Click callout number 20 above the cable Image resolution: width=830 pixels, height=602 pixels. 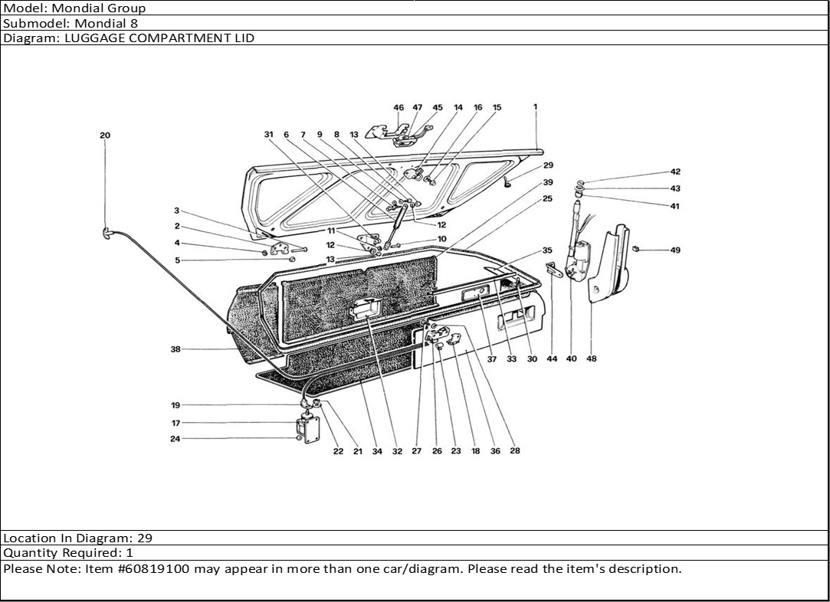click(x=105, y=136)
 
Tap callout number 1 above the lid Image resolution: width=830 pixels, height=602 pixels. click(x=535, y=106)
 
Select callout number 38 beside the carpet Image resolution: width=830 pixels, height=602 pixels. click(x=176, y=349)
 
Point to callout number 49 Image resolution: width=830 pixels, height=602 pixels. click(x=675, y=250)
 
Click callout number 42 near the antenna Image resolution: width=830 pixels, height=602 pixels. click(x=675, y=172)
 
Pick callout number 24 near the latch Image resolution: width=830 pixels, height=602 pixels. click(x=176, y=439)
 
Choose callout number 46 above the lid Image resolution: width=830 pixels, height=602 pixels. click(x=399, y=107)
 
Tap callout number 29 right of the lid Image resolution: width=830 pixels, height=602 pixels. click(x=548, y=165)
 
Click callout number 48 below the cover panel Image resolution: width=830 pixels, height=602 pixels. click(x=591, y=358)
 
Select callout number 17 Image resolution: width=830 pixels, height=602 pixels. click(x=176, y=423)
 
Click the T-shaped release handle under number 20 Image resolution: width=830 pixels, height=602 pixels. click(x=107, y=233)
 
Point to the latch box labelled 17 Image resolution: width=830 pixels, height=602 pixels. click(x=307, y=428)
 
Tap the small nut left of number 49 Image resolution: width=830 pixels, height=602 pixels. click(x=635, y=248)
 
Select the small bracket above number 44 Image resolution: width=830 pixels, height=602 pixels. click(x=553, y=269)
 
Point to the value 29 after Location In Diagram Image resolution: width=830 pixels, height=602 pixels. click(x=145, y=538)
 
